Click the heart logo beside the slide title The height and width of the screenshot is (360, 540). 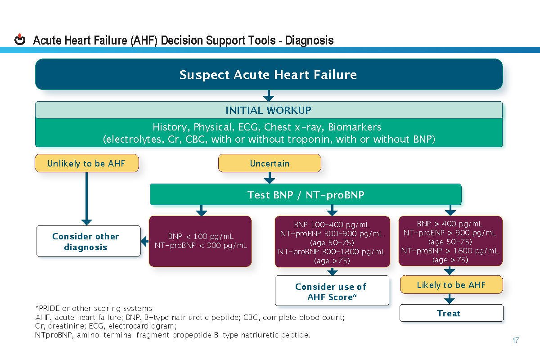tap(20, 40)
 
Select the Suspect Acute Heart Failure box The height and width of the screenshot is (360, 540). tap(269, 74)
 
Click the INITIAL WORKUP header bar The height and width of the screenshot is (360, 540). tap(269, 110)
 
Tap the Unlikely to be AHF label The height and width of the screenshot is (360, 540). tap(87, 163)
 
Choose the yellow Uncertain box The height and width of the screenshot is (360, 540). tap(270, 163)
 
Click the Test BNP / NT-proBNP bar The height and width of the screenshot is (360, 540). tap(306, 195)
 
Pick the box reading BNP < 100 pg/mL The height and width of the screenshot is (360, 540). tap(200, 241)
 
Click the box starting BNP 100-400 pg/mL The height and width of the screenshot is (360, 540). tap(332, 242)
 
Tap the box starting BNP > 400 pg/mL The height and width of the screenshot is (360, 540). tap(450, 241)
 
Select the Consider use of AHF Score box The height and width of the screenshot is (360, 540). tap(332, 291)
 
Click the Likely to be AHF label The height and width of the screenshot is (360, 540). tap(451, 285)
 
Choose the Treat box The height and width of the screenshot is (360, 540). tap(451, 313)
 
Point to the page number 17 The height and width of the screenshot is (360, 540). tap(516, 340)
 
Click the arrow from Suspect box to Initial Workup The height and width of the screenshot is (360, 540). tap(269, 95)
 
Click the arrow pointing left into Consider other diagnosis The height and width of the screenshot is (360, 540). tap(144, 242)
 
